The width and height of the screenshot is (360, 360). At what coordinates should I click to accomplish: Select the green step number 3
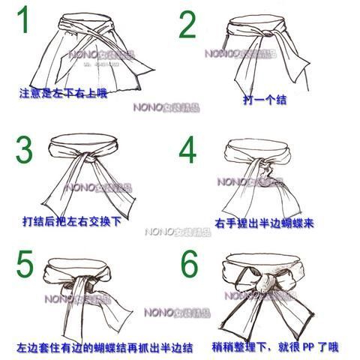click(24, 150)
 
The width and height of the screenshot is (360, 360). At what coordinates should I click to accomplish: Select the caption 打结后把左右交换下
click(71, 222)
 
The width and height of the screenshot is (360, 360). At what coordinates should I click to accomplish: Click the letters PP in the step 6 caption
click(308, 346)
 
